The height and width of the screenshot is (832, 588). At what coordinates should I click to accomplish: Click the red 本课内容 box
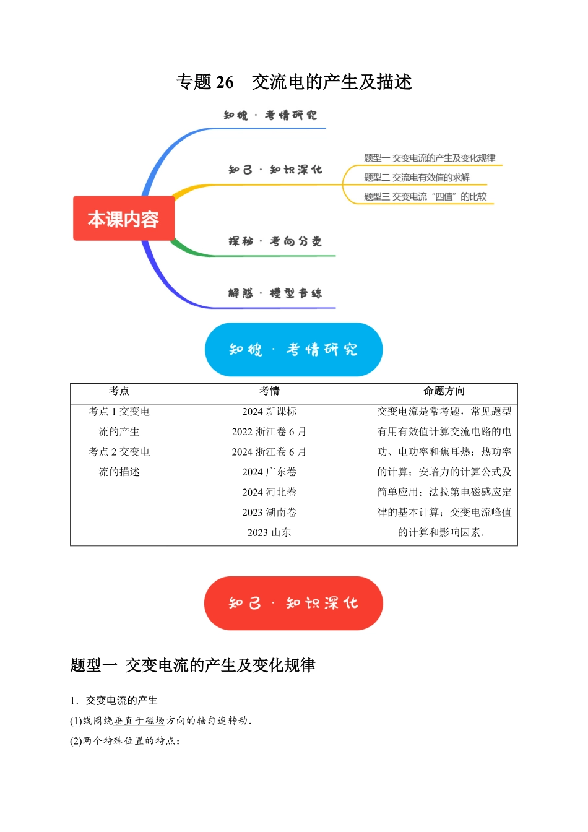click(x=124, y=219)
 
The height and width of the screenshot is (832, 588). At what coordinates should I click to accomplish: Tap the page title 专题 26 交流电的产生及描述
click(x=294, y=82)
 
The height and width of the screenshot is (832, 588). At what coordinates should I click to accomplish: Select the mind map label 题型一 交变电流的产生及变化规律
click(x=430, y=158)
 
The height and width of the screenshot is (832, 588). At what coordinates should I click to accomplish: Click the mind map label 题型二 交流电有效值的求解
click(x=417, y=178)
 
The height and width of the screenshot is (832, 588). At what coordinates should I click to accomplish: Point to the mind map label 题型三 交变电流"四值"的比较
click(x=425, y=196)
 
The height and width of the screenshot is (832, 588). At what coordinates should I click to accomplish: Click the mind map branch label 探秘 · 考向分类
click(x=275, y=241)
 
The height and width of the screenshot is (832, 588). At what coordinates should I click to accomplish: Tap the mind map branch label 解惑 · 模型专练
click(x=275, y=293)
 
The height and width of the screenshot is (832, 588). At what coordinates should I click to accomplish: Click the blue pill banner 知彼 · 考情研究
click(x=293, y=350)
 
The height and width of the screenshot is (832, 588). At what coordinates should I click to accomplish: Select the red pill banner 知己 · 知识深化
click(x=293, y=603)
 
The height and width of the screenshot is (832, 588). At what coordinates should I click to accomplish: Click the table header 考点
click(x=119, y=391)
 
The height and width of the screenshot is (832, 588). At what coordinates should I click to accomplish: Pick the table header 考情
click(x=269, y=391)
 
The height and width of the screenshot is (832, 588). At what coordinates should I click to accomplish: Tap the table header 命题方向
click(x=444, y=391)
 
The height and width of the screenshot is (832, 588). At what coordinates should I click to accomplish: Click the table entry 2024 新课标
click(x=269, y=412)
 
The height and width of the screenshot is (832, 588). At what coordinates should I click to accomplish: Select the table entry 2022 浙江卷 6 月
click(x=269, y=431)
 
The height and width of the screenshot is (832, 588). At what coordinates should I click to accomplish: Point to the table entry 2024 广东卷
click(x=269, y=472)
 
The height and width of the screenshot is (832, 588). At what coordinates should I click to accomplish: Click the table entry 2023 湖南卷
click(x=269, y=513)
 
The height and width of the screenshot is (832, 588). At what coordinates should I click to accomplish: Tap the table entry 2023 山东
click(x=269, y=532)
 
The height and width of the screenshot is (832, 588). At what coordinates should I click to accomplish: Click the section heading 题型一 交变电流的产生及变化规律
click(x=192, y=665)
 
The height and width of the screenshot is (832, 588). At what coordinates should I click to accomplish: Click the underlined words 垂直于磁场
click(x=139, y=721)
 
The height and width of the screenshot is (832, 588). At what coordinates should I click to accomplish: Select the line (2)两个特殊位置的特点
click(x=125, y=741)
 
